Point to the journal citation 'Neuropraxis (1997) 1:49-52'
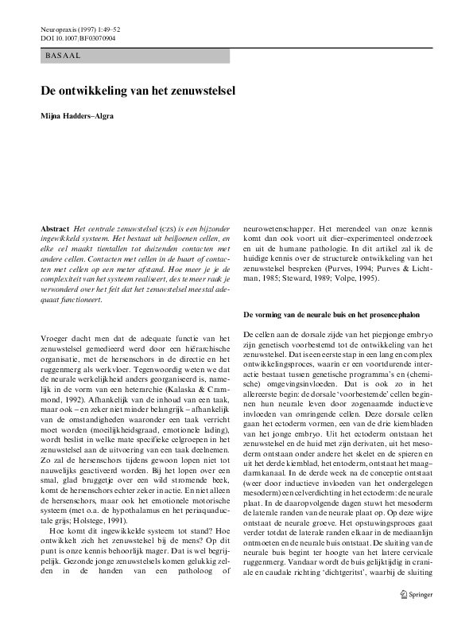pos(87,28)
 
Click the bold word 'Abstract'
pos(56,228)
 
